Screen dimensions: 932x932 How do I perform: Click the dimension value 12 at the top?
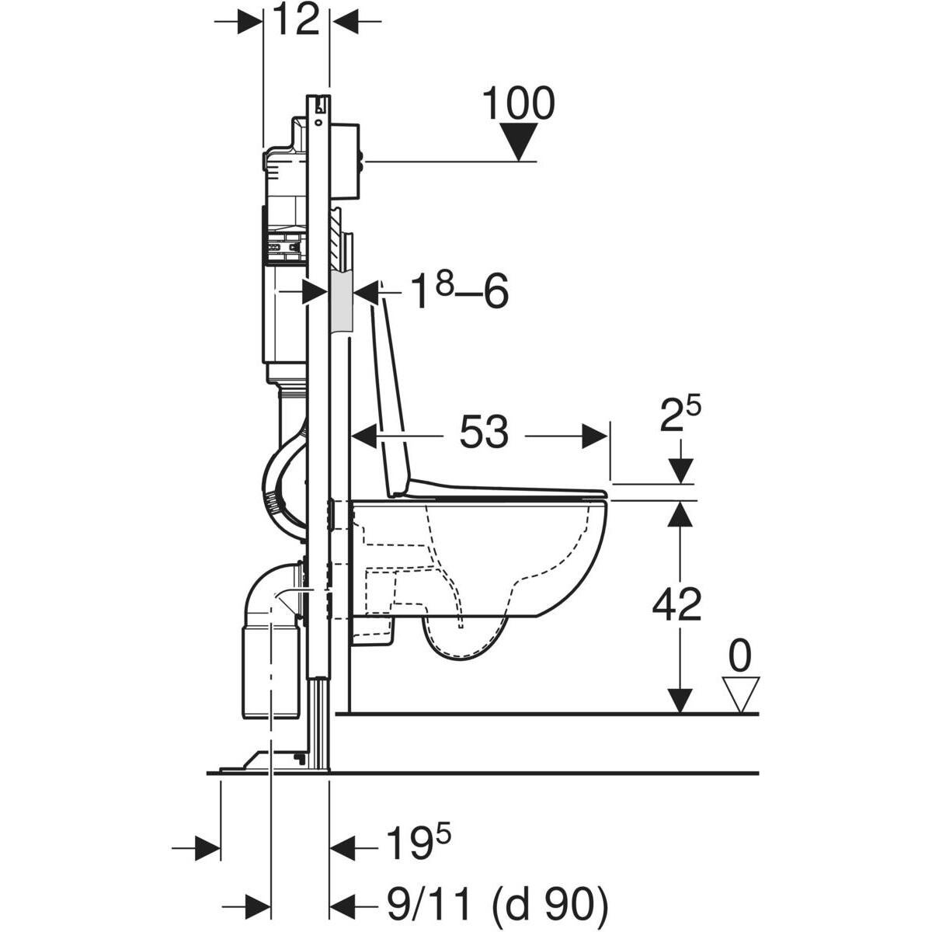coord(297,22)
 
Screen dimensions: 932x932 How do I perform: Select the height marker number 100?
coord(518,105)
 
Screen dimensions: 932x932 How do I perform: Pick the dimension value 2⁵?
coord(680,418)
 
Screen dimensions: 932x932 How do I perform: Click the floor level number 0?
coord(739,657)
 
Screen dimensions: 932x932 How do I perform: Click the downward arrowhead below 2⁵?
coord(680,471)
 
